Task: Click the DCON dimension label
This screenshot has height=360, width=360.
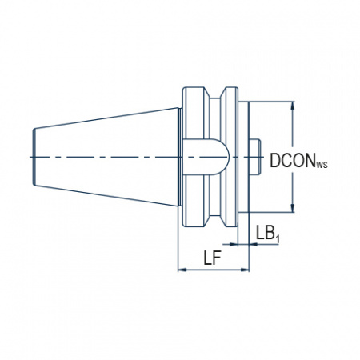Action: tap(293, 161)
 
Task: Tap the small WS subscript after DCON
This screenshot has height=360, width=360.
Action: tap(322, 165)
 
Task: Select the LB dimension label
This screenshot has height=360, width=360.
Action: tap(266, 232)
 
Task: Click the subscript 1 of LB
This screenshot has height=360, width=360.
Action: tap(278, 239)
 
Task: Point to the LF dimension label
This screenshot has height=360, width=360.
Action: tap(213, 258)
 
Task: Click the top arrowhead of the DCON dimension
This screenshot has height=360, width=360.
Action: tap(293, 106)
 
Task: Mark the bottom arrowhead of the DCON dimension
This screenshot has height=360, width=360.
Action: tap(293, 208)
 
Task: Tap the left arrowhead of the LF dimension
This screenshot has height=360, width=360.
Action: tap(182, 270)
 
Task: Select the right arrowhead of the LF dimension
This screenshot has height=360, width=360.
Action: tap(245, 270)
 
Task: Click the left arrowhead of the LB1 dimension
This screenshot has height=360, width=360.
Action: tap(234, 244)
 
